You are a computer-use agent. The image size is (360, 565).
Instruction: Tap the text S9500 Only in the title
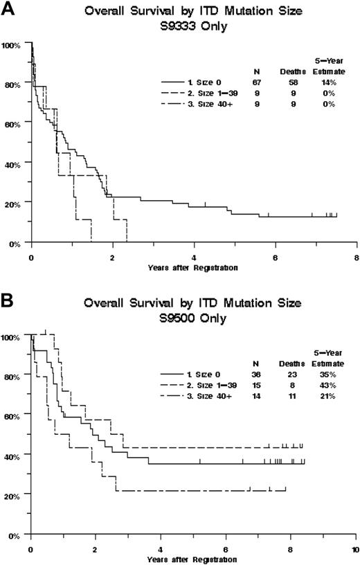[182, 314]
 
